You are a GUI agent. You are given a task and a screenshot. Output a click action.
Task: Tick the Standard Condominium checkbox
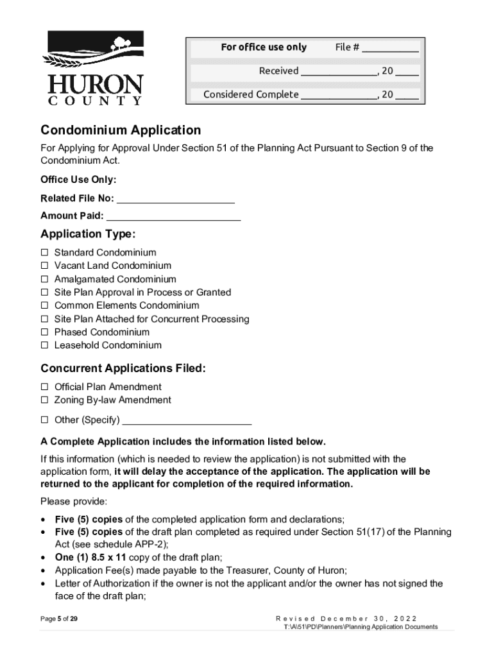45,253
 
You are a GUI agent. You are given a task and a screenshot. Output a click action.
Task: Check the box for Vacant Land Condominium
45,266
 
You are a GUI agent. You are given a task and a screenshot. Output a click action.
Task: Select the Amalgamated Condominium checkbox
45,279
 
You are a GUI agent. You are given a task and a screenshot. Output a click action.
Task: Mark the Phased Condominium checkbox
45,332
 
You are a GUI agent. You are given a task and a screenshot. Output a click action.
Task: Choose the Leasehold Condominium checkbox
45,345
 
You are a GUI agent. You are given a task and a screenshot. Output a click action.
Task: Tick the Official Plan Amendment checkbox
45,387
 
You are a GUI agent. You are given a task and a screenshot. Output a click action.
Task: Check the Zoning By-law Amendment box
45,400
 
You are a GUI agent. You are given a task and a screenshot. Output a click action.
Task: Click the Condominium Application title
121,130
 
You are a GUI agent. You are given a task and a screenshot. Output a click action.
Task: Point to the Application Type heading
88,234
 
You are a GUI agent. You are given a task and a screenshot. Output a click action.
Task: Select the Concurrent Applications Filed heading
123,368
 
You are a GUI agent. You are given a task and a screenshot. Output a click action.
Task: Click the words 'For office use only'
264,47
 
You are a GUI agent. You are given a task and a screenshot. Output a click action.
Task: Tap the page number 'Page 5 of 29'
59,619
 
